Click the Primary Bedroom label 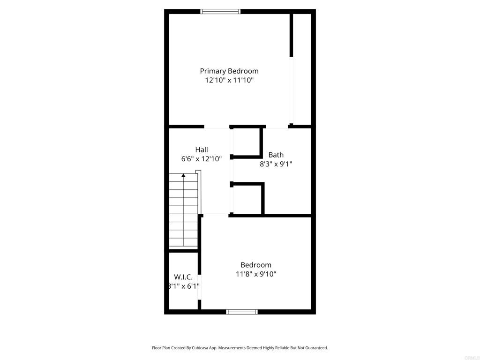pyautogui.click(x=229, y=71)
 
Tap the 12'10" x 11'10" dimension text pyautogui.click(x=229, y=80)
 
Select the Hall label pyautogui.click(x=202, y=150)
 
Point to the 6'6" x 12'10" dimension pyautogui.click(x=202, y=159)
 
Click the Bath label pyautogui.click(x=276, y=155)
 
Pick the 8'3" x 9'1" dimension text pyautogui.click(x=276, y=164)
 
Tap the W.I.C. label pyautogui.click(x=183, y=277)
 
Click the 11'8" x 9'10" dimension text pyautogui.click(x=256, y=274)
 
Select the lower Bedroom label pyautogui.click(x=256, y=265)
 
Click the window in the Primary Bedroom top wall pyautogui.click(x=220, y=11)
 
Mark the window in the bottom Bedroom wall pyautogui.click(x=242, y=311)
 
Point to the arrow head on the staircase pyautogui.click(x=183, y=175)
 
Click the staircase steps pyautogui.click(x=183, y=211)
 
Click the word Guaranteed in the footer pyautogui.click(x=315, y=348)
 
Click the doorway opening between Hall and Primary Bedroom pyautogui.click(x=217, y=127)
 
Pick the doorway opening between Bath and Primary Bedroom pyautogui.click(x=277, y=127)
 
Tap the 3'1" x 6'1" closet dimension pyautogui.click(x=184, y=286)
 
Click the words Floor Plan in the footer pyautogui.click(x=161, y=348)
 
